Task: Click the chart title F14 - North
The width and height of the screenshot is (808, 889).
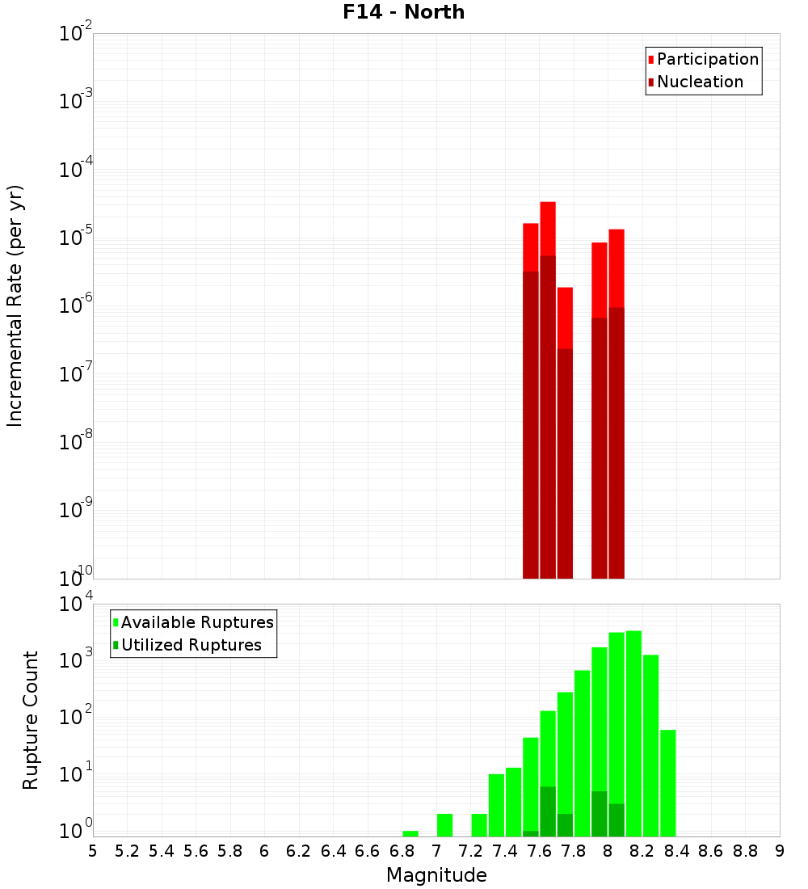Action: click(403, 12)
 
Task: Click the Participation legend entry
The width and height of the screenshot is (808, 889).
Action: click(707, 60)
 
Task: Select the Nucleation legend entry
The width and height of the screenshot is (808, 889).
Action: click(699, 82)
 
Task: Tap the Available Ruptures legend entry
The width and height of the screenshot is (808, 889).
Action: click(196, 623)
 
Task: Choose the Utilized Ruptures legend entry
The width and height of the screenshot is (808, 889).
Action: click(191, 646)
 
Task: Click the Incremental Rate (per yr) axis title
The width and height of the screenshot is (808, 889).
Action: click(15, 305)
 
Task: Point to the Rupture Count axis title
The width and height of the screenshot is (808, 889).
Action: click(31, 720)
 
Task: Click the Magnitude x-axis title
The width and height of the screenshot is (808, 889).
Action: click(436, 875)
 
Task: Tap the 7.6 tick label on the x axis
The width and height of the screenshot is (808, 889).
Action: click(540, 851)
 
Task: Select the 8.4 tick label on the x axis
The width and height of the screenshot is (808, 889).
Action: click(677, 851)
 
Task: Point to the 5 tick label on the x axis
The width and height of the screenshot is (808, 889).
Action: click(93, 851)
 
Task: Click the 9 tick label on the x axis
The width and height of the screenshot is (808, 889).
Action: click(780, 851)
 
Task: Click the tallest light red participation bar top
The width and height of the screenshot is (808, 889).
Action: click(548, 204)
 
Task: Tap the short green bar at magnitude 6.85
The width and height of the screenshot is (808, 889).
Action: click(410, 833)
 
